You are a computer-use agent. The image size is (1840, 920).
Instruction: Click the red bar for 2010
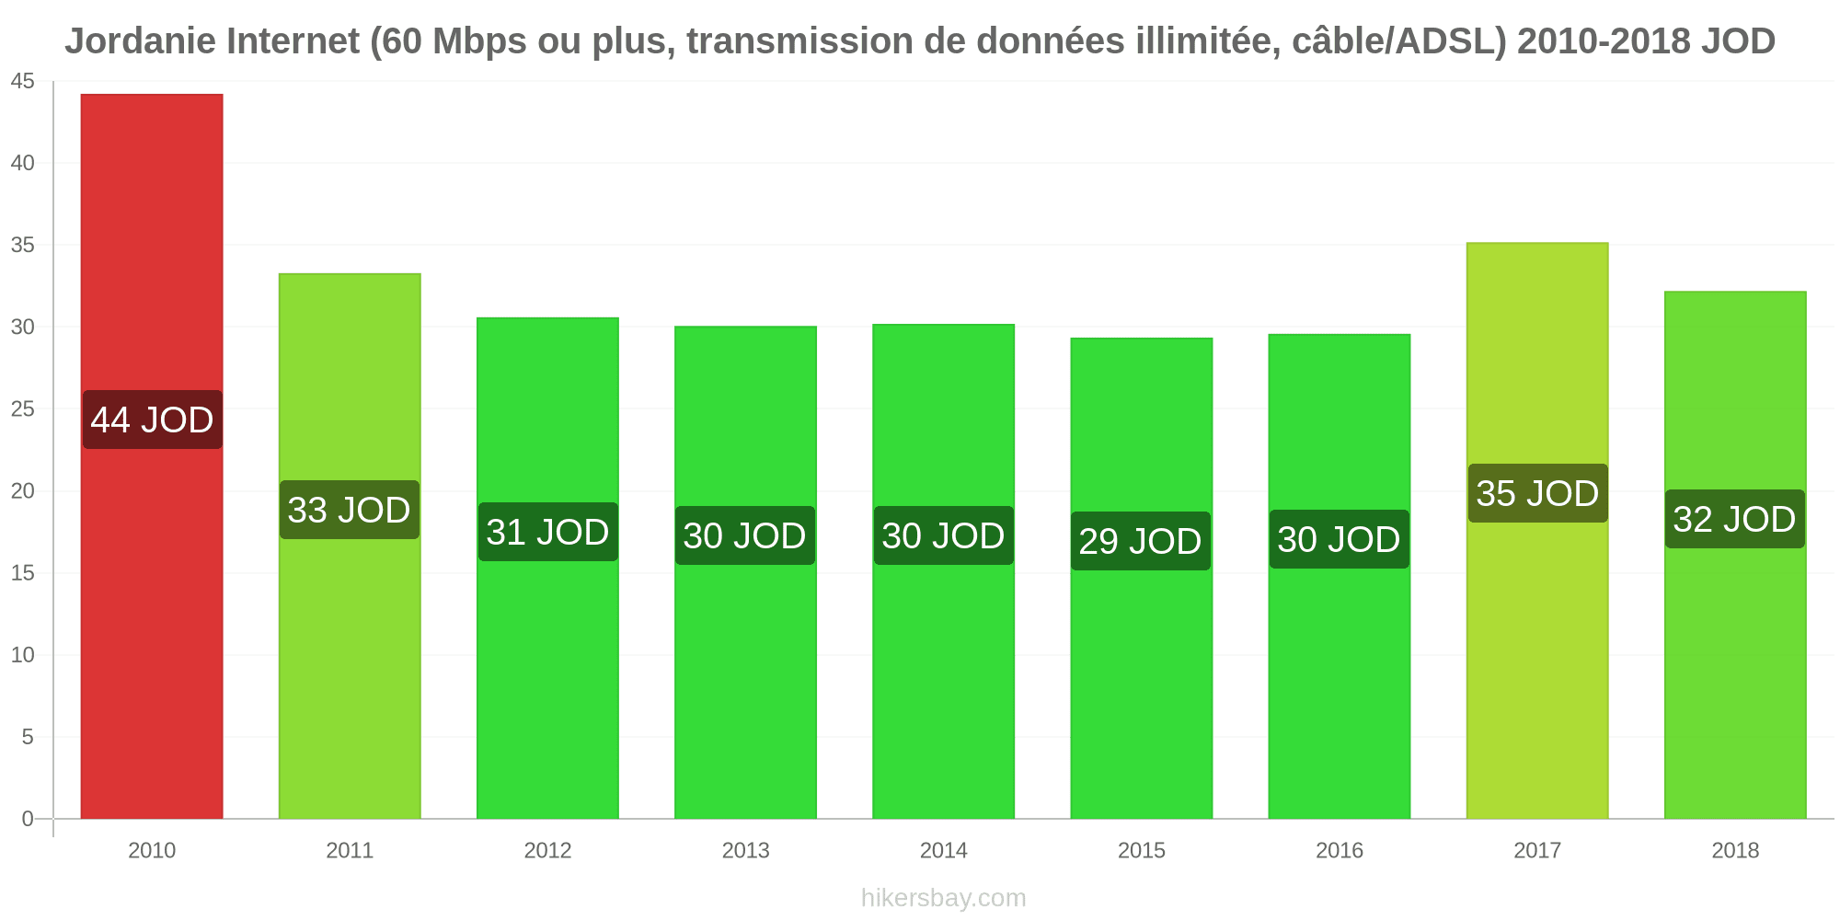tap(152, 456)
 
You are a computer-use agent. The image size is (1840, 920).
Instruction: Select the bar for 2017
tap(1537, 531)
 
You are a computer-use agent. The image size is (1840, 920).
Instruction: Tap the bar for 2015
tap(1142, 579)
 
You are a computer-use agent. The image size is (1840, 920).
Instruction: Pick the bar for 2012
tap(547, 568)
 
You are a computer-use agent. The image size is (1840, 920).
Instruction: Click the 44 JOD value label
tap(153, 420)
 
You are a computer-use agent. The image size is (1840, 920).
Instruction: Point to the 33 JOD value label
tap(350, 510)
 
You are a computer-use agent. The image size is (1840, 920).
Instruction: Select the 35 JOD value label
tap(1538, 493)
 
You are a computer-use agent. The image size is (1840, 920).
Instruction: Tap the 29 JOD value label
tap(1141, 541)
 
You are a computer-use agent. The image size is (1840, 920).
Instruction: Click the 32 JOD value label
tap(1735, 519)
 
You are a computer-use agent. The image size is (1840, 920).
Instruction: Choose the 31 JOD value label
tap(548, 532)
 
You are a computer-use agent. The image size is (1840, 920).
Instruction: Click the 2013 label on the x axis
tap(745, 850)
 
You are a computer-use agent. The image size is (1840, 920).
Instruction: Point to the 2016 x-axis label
tap(1340, 850)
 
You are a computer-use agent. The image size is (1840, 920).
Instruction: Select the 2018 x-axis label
tap(1735, 850)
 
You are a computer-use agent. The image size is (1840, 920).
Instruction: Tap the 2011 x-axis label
tap(350, 850)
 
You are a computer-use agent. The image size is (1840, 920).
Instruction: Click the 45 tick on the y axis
tap(22, 82)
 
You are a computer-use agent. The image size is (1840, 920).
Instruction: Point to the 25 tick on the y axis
tap(22, 408)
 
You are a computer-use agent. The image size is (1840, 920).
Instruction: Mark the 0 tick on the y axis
tap(28, 819)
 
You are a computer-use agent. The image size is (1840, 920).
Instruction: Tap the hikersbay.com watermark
tap(944, 898)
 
